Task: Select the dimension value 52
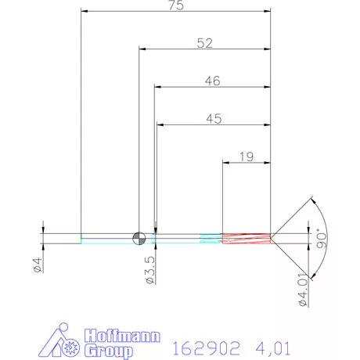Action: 205,45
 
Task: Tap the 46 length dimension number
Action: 212,81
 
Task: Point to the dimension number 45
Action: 213,119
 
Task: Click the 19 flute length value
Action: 246,157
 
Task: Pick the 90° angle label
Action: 322,237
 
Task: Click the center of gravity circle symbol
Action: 139,238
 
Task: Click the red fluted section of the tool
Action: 247,238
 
